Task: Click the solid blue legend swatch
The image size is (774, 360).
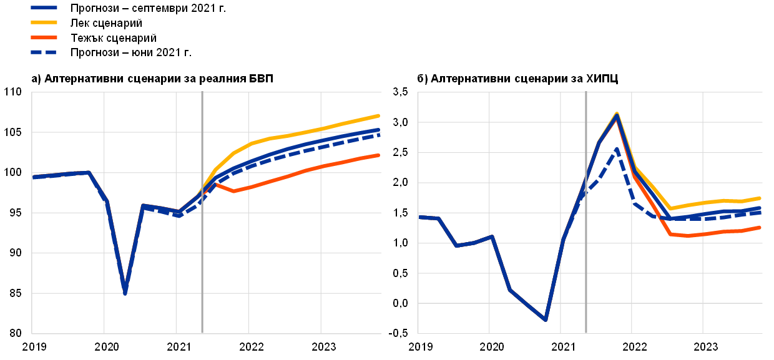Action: [44, 7]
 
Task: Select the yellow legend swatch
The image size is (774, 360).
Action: [44, 22]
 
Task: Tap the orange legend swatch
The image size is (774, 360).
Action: [44, 37]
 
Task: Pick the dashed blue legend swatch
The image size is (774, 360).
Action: [44, 52]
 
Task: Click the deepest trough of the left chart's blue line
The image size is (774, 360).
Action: [125, 292]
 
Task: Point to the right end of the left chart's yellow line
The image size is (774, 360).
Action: [378, 115]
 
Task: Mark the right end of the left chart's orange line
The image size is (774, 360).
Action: [378, 155]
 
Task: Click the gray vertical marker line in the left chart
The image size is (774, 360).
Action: [202, 250]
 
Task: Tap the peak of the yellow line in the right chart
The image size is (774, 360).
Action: [617, 113]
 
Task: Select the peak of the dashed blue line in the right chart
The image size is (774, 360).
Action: [617, 149]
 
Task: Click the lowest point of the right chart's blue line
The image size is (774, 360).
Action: [546, 319]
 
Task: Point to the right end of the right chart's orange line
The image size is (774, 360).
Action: [760, 227]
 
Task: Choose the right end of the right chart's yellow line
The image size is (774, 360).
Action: [760, 198]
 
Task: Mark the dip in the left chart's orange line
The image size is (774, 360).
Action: [234, 191]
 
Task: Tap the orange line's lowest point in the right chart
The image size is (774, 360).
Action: [687, 236]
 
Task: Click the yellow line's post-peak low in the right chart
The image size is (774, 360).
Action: [670, 208]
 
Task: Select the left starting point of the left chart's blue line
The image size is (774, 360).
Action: [33, 177]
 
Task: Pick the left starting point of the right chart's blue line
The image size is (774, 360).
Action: [419, 217]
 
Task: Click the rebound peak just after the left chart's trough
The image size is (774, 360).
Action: [143, 205]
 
